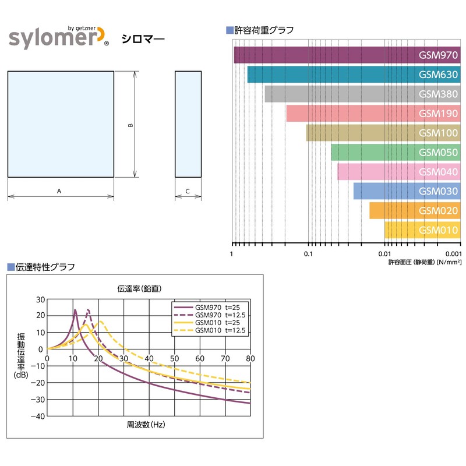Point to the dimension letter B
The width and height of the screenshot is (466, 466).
131,125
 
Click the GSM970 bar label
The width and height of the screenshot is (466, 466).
438,55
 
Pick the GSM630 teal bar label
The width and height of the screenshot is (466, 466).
438,75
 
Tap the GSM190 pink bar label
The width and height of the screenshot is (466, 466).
438,114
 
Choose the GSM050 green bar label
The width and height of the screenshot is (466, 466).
438,153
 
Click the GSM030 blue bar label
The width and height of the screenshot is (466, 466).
438,191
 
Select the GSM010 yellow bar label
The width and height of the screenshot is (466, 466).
438,230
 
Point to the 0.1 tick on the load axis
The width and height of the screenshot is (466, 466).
308,255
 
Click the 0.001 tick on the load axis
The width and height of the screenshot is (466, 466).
453,255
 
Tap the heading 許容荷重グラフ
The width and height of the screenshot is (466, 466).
263,30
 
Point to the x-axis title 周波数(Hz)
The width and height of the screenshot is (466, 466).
146,425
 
